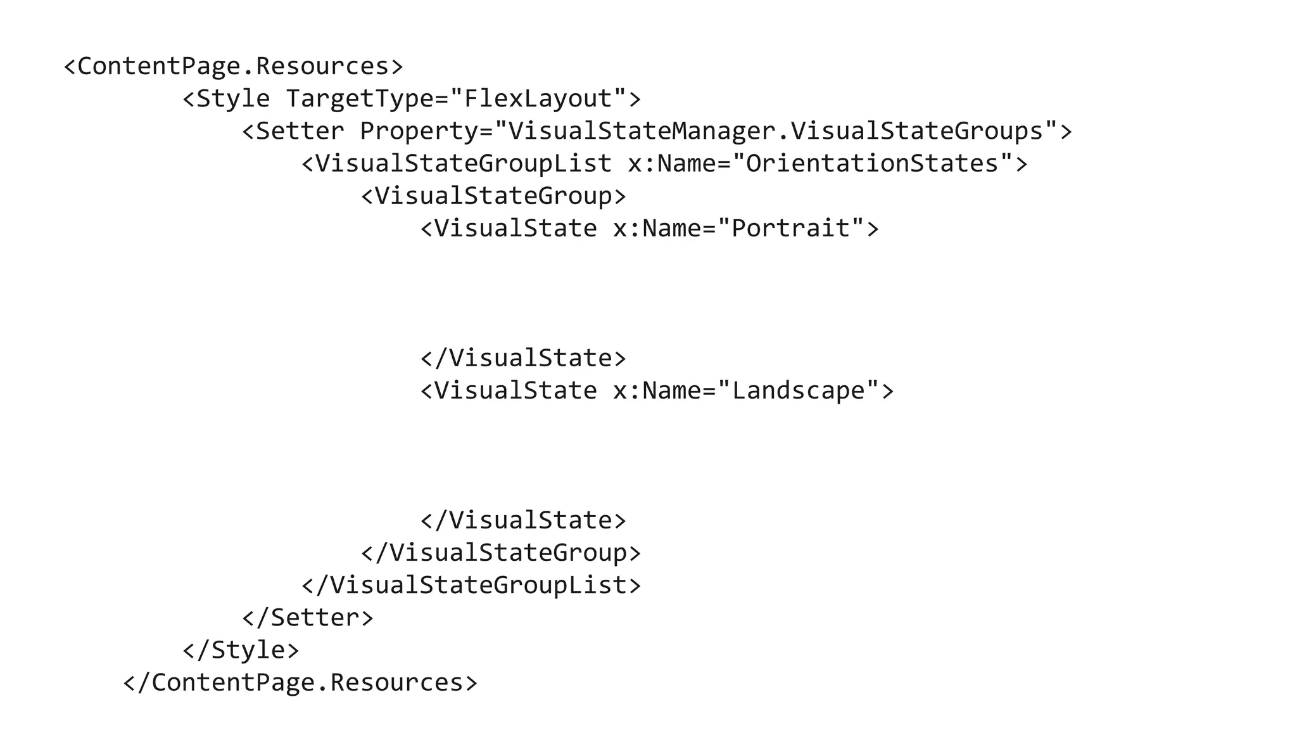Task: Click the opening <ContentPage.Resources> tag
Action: (233, 67)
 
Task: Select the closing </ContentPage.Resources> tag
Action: (300, 682)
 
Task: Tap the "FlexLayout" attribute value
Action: (538, 99)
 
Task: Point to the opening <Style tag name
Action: (226, 99)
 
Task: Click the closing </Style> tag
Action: (241, 650)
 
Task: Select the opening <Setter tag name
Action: (293, 131)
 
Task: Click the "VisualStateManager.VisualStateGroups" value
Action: (776, 131)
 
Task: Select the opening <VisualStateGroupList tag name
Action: (457, 163)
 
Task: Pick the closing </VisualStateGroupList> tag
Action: (471, 585)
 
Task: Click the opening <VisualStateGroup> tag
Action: (493, 196)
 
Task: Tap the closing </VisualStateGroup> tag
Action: (501, 553)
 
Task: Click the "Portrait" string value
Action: (791, 228)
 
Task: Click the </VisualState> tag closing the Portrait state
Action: (523, 358)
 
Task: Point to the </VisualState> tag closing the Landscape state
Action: (523, 520)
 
